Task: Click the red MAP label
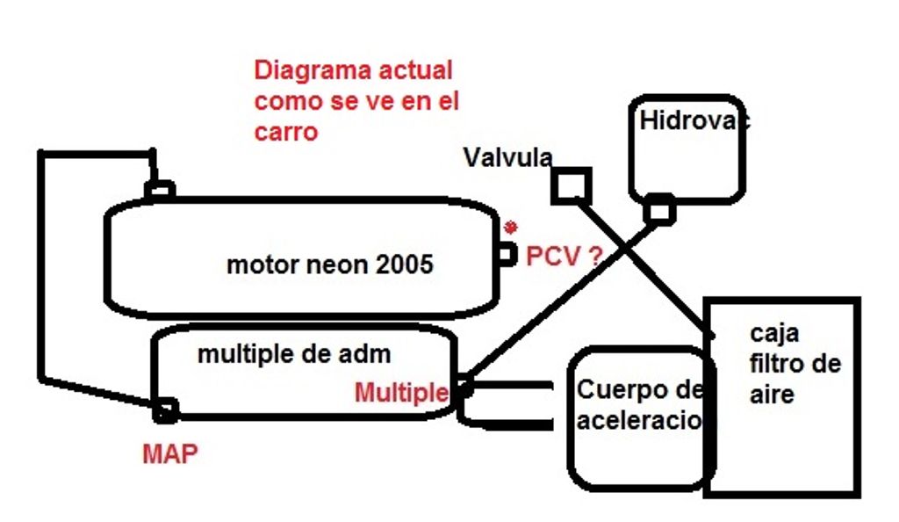[169, 453]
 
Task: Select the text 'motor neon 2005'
[330, 264]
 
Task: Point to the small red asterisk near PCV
[509, 228]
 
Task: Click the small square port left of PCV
[506, 255]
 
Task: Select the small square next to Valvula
[572, 185]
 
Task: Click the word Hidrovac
[694, 120]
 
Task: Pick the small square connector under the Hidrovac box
[658, 210]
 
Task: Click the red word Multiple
[401, 393]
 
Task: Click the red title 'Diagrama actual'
[353, 70]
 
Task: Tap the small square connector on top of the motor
[160, 190]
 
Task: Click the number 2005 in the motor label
[404, 264]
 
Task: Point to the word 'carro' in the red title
[285, 132]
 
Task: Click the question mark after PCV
[594, 257]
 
